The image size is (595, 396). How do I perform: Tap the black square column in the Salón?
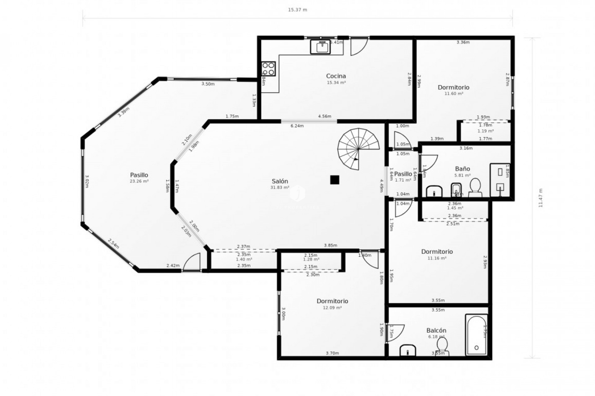point(334,180)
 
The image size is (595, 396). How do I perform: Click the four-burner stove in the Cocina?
point(268,69)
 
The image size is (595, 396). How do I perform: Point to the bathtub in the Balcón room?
point(476,335)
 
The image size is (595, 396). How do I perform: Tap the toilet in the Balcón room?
point(442,346)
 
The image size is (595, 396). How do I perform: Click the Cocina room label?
point(336,76)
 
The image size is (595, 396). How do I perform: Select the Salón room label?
point(280,181)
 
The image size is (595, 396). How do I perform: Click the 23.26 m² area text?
point(139,181)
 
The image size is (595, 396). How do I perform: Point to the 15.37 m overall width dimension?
point(297,10)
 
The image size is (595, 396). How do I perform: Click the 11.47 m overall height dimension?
point(541,198)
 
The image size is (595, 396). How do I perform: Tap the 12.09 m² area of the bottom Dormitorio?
point(332,308)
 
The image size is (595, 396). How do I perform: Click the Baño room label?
point(462,169)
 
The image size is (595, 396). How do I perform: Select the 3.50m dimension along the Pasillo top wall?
point(208,84)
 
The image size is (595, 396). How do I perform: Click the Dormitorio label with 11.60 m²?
point(453,87)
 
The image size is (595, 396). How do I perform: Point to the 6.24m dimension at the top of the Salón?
point(297,126)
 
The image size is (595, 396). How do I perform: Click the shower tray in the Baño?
point(500,180)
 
